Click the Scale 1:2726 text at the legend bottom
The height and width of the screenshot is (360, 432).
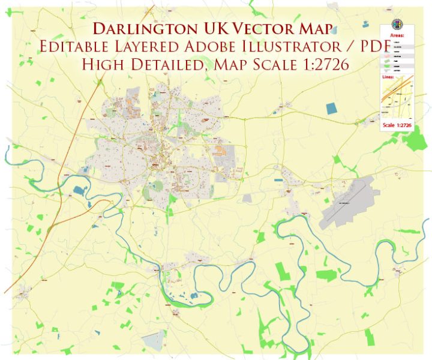pos(397,125)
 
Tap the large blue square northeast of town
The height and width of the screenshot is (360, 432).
pos(332,109)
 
